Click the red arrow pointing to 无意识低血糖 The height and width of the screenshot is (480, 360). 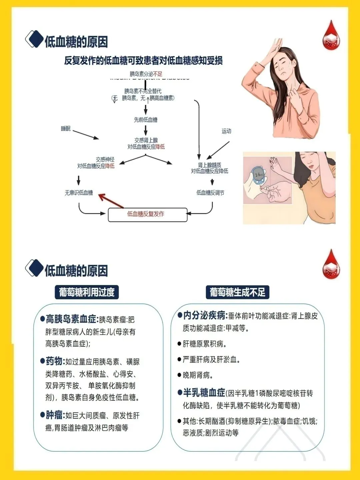111,201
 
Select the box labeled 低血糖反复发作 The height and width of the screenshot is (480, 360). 147,214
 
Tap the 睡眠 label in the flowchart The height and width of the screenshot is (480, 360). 66,129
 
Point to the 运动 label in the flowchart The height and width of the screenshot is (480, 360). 226,131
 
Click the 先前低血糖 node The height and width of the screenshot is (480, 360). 146,120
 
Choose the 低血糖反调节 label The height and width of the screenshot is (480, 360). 210,193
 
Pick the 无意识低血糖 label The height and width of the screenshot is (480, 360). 79,193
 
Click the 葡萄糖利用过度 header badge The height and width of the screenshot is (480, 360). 87,292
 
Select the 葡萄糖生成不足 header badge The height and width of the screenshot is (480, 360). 237,292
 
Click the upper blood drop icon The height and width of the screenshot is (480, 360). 331,36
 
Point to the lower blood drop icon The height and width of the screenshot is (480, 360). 331,265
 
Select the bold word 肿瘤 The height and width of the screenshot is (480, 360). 54,415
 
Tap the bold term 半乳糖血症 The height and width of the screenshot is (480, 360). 204,393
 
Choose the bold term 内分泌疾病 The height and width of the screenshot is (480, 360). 205,315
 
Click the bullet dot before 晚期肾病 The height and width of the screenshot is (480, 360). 179,375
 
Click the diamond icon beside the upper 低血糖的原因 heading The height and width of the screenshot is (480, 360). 34,39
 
